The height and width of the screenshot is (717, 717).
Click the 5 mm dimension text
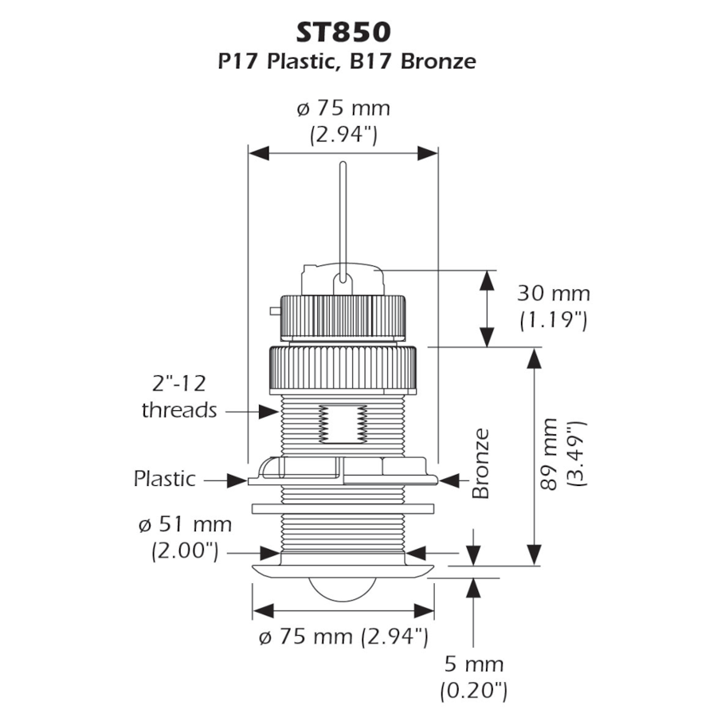[x=474, y=664]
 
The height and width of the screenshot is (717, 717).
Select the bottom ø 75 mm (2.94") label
[x=343, y=637]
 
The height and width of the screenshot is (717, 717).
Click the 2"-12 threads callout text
[x=178, y=397]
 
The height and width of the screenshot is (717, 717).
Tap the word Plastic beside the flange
[x=164, y=479]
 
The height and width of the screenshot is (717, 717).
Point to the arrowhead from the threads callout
[x=269, y=411]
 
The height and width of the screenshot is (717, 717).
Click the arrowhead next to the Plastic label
[x=237, y=480]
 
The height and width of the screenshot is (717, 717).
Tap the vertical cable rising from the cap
[x=343, y=215]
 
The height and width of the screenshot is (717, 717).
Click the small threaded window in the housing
[x=343, y=422]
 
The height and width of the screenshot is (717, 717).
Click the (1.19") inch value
[x=553, y=320]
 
